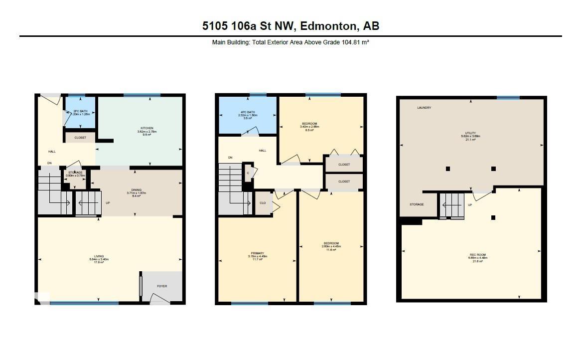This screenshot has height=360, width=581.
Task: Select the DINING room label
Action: (x=137, y=190)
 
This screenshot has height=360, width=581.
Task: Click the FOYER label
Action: (x=162, y=286)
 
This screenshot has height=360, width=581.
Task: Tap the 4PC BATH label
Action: (x=248, y=111)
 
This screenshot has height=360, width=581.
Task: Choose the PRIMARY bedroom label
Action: (x=258, y=253)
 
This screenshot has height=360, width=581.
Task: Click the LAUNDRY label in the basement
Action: (x=425, y=108)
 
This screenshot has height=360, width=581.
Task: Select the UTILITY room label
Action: (x=470, y=133)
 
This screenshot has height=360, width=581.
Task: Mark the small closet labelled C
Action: (x=248, y=173)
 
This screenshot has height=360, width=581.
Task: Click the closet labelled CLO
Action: (x=263, y=203)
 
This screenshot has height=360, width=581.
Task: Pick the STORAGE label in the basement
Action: (x=417, y=204)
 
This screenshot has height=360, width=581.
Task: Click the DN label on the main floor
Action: (x=49, y=163)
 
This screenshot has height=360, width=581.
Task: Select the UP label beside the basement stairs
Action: (x=469, y=205)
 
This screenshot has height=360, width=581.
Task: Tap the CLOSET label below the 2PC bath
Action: (x=80, y=138)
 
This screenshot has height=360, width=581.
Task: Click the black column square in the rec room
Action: (x=493, y=217)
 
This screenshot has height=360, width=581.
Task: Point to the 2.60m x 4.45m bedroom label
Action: (x=331, y=244)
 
